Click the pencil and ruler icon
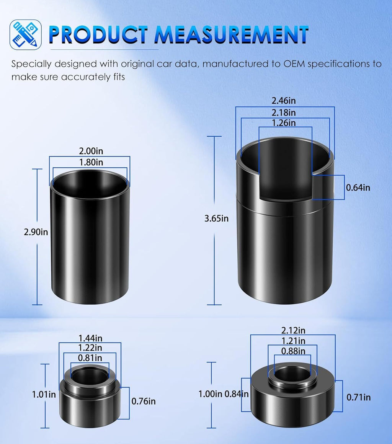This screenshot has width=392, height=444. (x=26, y=34)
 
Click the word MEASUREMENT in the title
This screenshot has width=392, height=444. (x=231, y=35)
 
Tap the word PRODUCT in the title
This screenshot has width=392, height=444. (x=98, y=35)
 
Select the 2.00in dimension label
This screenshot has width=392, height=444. (x=91, y=151)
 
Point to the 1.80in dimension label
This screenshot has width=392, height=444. (x=91, y=162)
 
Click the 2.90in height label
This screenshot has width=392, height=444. (x=36, y=232)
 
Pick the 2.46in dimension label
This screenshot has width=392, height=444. (x=284, y=101)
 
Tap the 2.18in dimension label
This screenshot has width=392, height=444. (x=284, y=113)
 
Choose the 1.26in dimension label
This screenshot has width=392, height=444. (x=284, y=123)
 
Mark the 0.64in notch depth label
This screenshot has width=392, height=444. (x=358, y=188)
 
